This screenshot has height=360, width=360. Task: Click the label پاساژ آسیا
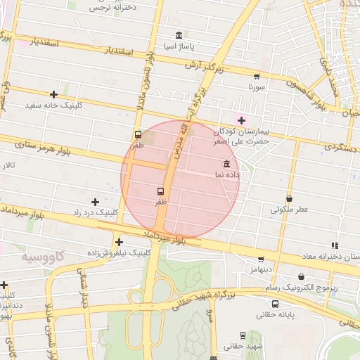(178, 46)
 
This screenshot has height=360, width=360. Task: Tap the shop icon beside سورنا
(256, 77)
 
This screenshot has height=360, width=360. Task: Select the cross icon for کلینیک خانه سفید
(53, 94)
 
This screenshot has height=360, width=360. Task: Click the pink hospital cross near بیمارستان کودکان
(241, 120)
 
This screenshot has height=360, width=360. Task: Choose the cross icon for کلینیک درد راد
(95, 202)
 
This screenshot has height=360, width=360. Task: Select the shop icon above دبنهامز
(261, 259)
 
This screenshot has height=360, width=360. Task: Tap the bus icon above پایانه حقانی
(274, 304)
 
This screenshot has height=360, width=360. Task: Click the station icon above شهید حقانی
(243, 336)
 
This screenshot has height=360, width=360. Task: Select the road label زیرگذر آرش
(219, 68)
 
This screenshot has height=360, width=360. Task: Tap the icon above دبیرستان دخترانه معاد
(335, 245)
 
